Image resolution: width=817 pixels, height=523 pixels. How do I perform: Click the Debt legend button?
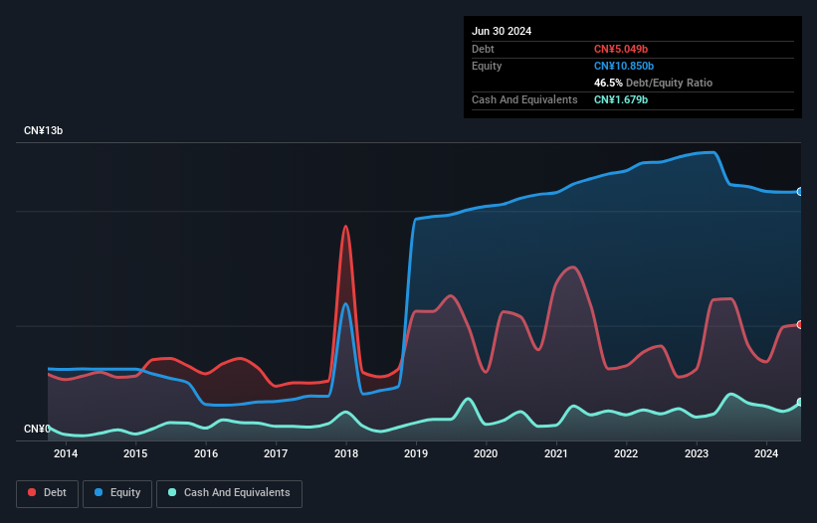tap(46, 493)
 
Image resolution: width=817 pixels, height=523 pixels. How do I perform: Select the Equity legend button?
tap(118, 493)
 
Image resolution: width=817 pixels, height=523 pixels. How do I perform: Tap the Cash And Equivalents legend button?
tap(229, 493)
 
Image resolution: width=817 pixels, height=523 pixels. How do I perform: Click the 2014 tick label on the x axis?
tap(66, 454)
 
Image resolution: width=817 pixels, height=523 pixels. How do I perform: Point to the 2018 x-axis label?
tap(346, 454)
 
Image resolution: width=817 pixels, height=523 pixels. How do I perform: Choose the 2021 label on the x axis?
tap(556, 454)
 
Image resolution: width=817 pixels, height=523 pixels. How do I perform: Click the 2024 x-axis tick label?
tap(766, 454)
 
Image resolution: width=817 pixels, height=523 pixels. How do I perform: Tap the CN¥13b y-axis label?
tap(44, 131)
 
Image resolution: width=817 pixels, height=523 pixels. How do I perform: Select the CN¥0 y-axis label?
tap(37, 429)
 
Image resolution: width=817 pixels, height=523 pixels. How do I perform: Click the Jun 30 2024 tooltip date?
tap(502, 31)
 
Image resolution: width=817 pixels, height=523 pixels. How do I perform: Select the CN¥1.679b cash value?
tap(621, 99)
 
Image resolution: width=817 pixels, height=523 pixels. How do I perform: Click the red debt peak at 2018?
tap(346, 227)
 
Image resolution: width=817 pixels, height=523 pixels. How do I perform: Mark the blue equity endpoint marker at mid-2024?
tap(800, 192)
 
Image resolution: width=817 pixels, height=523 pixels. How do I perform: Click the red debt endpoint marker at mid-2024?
tap(800, 325)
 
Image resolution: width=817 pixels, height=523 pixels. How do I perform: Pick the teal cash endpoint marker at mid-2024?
tap(800, 403)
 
